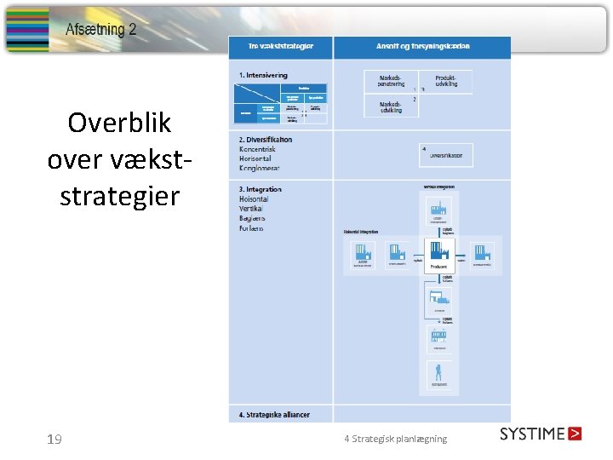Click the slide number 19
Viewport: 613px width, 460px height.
(x=54, y=440)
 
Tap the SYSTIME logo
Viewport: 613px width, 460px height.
(x=541, y=434)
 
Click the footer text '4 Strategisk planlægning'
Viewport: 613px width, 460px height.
(x=395, y=439)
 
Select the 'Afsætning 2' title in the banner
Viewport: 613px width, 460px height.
(x=101, y=30)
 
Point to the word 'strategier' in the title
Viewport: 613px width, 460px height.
(x=119, y=196)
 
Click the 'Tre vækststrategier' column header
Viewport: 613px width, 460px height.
(x=280, y=46)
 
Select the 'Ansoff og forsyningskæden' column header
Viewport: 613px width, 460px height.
(x=422, y=46)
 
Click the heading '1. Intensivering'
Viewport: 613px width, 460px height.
(x=263, y=75)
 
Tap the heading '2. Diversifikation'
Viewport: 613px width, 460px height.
(x=266, y=140)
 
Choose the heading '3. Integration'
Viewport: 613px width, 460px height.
(x=261, y=189)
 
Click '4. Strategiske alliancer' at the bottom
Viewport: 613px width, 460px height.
(x=274, y=415)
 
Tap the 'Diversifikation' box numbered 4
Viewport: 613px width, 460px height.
(x=446, y=155)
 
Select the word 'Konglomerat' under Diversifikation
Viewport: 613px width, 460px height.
(x=260, y=168)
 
